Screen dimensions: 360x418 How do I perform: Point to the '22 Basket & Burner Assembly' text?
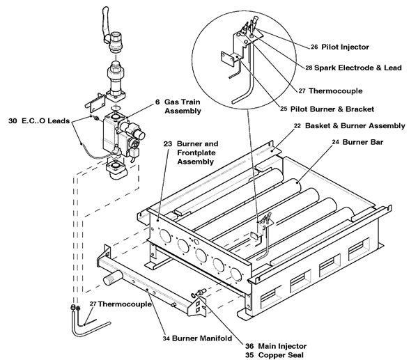(359, 126)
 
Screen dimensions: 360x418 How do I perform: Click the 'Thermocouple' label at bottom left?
(115, 304)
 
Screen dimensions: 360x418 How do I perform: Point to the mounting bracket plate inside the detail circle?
(226, 59)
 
